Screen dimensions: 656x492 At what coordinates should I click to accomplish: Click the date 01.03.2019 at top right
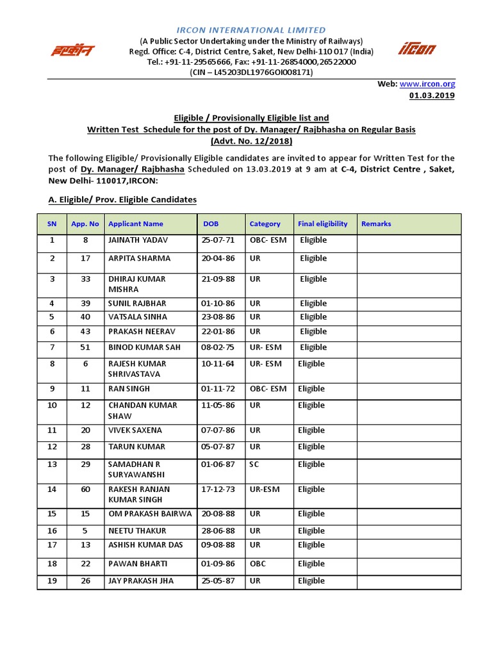coord(432,95)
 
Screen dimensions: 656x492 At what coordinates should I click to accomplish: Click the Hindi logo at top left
coord(72,50)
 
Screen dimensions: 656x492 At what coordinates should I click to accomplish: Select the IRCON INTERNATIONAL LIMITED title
coord(251,30)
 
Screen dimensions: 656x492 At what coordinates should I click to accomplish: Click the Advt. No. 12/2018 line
coord(251,141)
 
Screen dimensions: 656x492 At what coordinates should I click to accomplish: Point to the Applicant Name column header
coord(136,224)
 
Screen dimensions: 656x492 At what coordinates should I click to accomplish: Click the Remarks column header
coord(376,224)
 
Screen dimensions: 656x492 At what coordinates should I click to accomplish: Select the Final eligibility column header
coord(323,224)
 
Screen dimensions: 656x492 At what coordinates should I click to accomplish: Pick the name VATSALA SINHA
coord(138,317)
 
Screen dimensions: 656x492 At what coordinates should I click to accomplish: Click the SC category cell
coord(254,464)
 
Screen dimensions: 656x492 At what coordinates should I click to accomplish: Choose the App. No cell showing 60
coord(85,489)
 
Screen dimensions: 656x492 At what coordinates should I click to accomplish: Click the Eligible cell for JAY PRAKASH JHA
coord(311,581)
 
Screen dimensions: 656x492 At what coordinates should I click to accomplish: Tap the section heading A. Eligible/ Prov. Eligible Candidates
coord(122,200)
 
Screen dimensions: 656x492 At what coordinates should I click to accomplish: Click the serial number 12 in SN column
coord(52,447)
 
